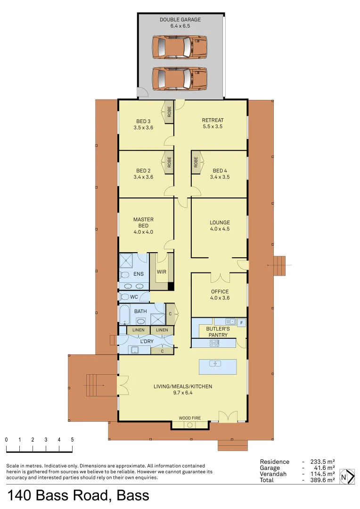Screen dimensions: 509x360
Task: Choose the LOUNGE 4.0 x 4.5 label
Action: click(220, 226)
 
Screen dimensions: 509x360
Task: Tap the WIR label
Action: click(161, 272)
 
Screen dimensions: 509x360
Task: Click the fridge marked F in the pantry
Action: click(241, 323)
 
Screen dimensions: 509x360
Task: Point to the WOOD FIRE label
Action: click(189, 418)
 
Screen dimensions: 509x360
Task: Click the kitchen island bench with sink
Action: click(217, 366)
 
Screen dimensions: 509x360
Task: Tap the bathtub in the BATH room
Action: click(124, 314)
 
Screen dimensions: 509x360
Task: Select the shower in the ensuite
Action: click(126, 261)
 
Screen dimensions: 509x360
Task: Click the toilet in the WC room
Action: click(125, 297)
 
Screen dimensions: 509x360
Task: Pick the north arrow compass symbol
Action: click(347, 476)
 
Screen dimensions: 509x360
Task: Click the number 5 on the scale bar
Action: click(72, 439)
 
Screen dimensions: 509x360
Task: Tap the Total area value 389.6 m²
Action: click(323, 480)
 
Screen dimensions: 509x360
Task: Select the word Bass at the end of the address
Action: click(133, 496)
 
